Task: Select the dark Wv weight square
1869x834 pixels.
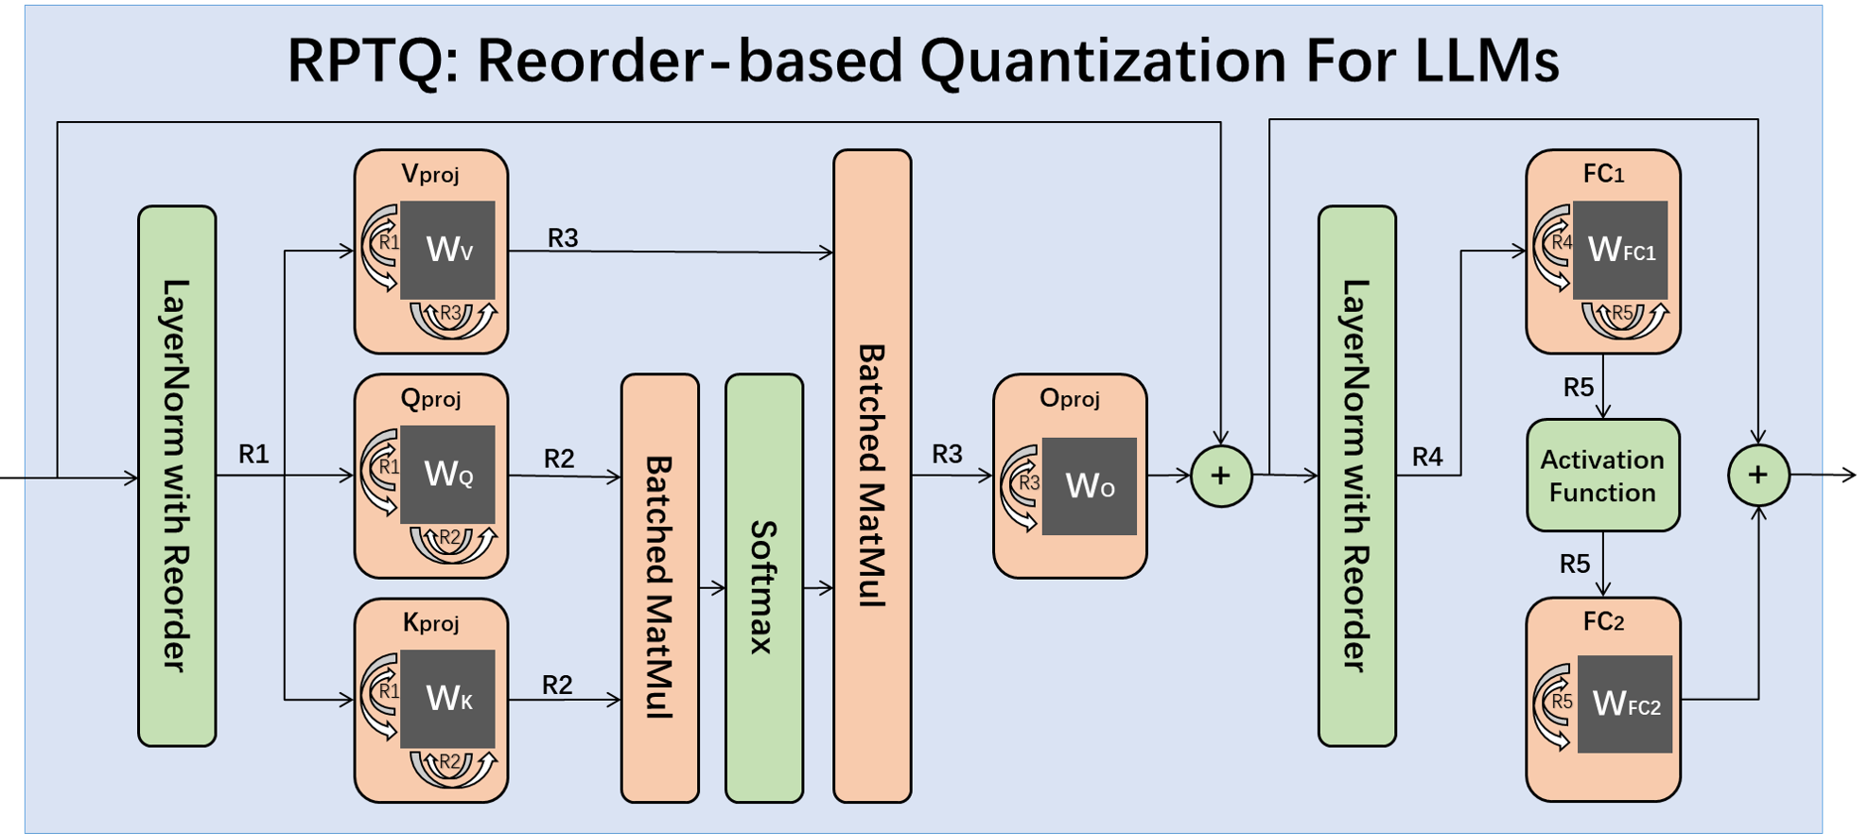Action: (x=448, y=250)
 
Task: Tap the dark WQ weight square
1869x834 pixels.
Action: (x=448, y=474)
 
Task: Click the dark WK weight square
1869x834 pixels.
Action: (x=448, y=698)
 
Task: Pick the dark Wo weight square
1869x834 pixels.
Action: (x=1090, y=486)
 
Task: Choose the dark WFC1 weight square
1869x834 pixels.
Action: (x=1620, y=250)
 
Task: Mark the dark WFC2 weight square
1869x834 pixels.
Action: (x=1625, y=704)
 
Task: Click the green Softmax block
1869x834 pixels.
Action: (x=764, y=587)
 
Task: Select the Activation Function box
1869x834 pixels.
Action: (x=1602, y=476)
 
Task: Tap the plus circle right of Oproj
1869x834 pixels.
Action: (x=1221, y=476)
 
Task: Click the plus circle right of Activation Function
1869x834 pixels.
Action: (x=1757, y=475)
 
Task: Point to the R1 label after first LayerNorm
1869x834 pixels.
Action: (x=253, y=455)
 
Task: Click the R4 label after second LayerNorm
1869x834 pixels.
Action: (x=1427, y=458)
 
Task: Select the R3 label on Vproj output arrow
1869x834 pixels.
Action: (x=563, y=238)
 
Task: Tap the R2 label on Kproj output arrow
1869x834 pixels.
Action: (x=557, y=685)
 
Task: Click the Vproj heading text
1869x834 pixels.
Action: (x=430, y=174)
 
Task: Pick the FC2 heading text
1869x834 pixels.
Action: (x=1603, y=621)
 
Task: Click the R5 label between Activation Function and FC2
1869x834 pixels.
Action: (x=1575, y=565)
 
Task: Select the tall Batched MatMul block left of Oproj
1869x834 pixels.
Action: (x=872, y=476)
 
